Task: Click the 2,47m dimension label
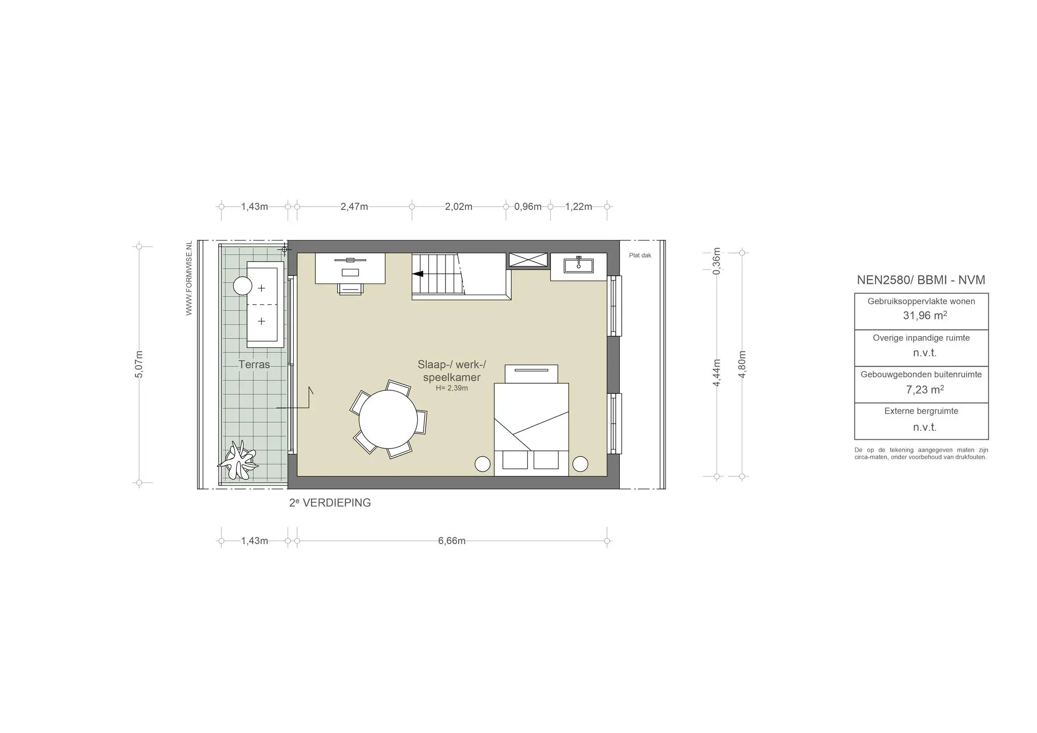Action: click(x=354, y=207)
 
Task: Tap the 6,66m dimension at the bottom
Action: click(x=452, y=541)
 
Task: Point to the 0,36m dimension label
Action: click(x=716, y=261)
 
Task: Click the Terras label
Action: click(x=254, y=364)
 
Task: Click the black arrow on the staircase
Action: click(x=418, y=274)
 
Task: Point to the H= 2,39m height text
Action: click(x=452, y=388)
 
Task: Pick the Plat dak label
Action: click(x=640, y=256)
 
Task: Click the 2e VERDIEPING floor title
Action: click(x=330, y=503)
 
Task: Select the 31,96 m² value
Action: click(x=925, y=315)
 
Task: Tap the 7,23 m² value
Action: click(x=925, y=389)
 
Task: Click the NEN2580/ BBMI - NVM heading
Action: click(x=921, y=280)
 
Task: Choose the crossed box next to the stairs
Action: click(x=528, y=260)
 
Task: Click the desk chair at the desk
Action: click(x=350, y=289)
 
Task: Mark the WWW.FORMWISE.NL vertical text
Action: click(x=189, y=278)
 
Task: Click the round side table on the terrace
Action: click(x=243, y=286)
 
